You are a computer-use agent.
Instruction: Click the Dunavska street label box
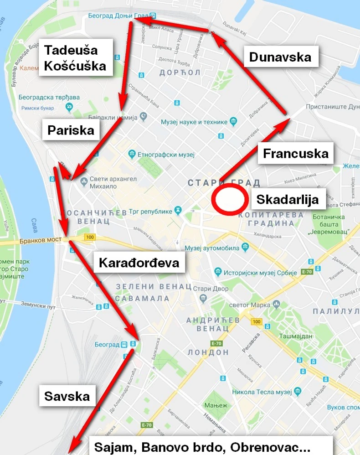pyautogui.click(x=280, y=57)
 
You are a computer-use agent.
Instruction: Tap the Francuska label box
pyautogui.click(x=296, y=153)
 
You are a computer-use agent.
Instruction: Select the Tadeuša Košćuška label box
pyautogui.click(x=75, y=57)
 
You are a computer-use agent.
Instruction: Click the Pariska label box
pyautogui.click(x=71, y=130)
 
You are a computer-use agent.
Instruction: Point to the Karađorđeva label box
pyautogui.click(x=139, y=263)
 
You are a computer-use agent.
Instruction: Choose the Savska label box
pyautogui.click(x=67, y=396)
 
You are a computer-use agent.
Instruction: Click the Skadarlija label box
pyautogui.click(x=287, y=199)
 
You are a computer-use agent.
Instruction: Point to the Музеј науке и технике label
pyautogui.click(x=194, y=122)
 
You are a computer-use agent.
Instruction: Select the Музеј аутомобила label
pyautogui.click(x=212, y=248)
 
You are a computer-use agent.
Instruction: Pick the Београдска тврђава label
pyautogui.click(x=49, y=97)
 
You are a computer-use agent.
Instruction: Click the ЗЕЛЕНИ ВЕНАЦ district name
pyautogui.click(x=153, y=286)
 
